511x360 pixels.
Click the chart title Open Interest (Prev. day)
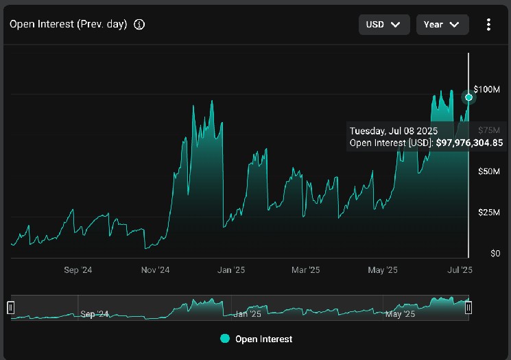[68, 25]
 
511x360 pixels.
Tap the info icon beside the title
[139, 25]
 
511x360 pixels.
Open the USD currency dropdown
[384, 25]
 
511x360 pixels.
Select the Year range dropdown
[442, 25]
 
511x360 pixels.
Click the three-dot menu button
[488, 25]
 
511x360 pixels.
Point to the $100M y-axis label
[486, 89]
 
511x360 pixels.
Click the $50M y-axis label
[488, 171]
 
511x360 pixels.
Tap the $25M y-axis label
[488, 213]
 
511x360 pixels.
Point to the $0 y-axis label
[495, 254]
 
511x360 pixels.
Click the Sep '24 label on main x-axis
[78, 270]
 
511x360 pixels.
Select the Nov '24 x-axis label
[155, 270]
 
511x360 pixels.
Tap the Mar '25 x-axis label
[305, 270]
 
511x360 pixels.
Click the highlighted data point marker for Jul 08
[468, 97]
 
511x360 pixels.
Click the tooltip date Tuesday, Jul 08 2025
[393, 131]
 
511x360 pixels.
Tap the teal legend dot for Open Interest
[225, 339]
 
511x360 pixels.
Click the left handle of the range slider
[11, 307]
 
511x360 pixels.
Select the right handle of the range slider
[468, 307]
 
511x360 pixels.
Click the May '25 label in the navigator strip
[400, 314]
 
